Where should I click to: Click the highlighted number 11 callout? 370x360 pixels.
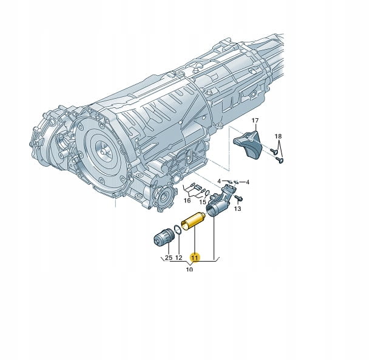tap(195, 258)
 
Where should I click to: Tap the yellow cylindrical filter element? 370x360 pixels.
tap(193, 221)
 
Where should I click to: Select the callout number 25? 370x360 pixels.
tap(169, 258)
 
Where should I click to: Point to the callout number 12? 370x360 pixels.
tap(179, 258)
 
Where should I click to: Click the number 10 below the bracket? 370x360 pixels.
tap(189, 269)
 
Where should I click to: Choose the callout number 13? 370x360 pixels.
tap(238, 208)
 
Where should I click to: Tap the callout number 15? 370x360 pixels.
tap(203, 202)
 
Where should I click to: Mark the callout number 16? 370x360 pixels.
tap(187, 201)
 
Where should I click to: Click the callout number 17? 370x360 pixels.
tap(255, 121)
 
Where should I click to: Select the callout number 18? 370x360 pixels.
tap(278, 136)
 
